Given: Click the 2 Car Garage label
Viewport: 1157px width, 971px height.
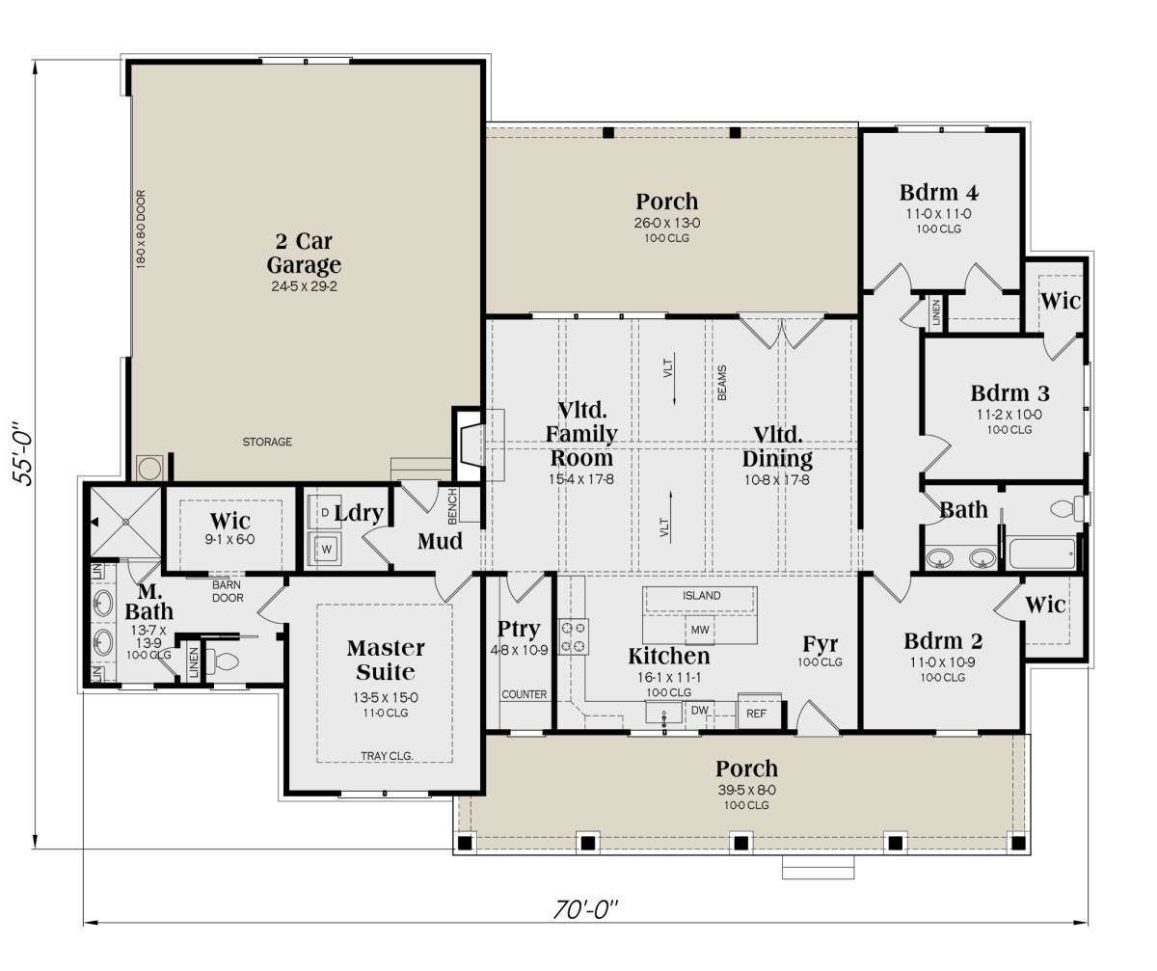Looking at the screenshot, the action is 304,253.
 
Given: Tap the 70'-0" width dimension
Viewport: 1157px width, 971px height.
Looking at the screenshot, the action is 585,909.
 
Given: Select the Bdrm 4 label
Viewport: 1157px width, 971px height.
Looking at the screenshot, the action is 939,192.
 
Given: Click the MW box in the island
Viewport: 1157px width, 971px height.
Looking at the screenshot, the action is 700,630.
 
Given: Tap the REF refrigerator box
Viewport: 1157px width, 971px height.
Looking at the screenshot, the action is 756,713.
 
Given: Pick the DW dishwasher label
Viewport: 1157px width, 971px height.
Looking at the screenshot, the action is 700,710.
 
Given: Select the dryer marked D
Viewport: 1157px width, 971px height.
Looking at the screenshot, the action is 325,512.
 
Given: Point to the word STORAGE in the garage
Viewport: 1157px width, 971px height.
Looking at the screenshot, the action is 267,442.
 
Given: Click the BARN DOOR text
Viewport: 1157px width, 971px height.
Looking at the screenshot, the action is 228,591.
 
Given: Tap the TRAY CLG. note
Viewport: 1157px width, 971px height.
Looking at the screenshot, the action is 387,756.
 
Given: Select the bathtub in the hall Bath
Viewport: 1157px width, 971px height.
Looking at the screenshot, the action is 1042,553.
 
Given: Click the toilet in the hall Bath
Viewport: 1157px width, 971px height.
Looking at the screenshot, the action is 1067,508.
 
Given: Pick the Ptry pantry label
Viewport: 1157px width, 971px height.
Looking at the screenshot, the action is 518,630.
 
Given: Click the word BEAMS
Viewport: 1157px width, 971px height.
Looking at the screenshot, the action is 722,383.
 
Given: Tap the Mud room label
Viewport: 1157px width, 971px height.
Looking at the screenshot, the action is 440,541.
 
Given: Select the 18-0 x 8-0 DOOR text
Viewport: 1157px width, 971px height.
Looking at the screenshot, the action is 141,229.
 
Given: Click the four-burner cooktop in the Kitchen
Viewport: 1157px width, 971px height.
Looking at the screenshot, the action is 574,636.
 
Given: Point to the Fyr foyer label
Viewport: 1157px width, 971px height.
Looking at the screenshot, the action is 821,644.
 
